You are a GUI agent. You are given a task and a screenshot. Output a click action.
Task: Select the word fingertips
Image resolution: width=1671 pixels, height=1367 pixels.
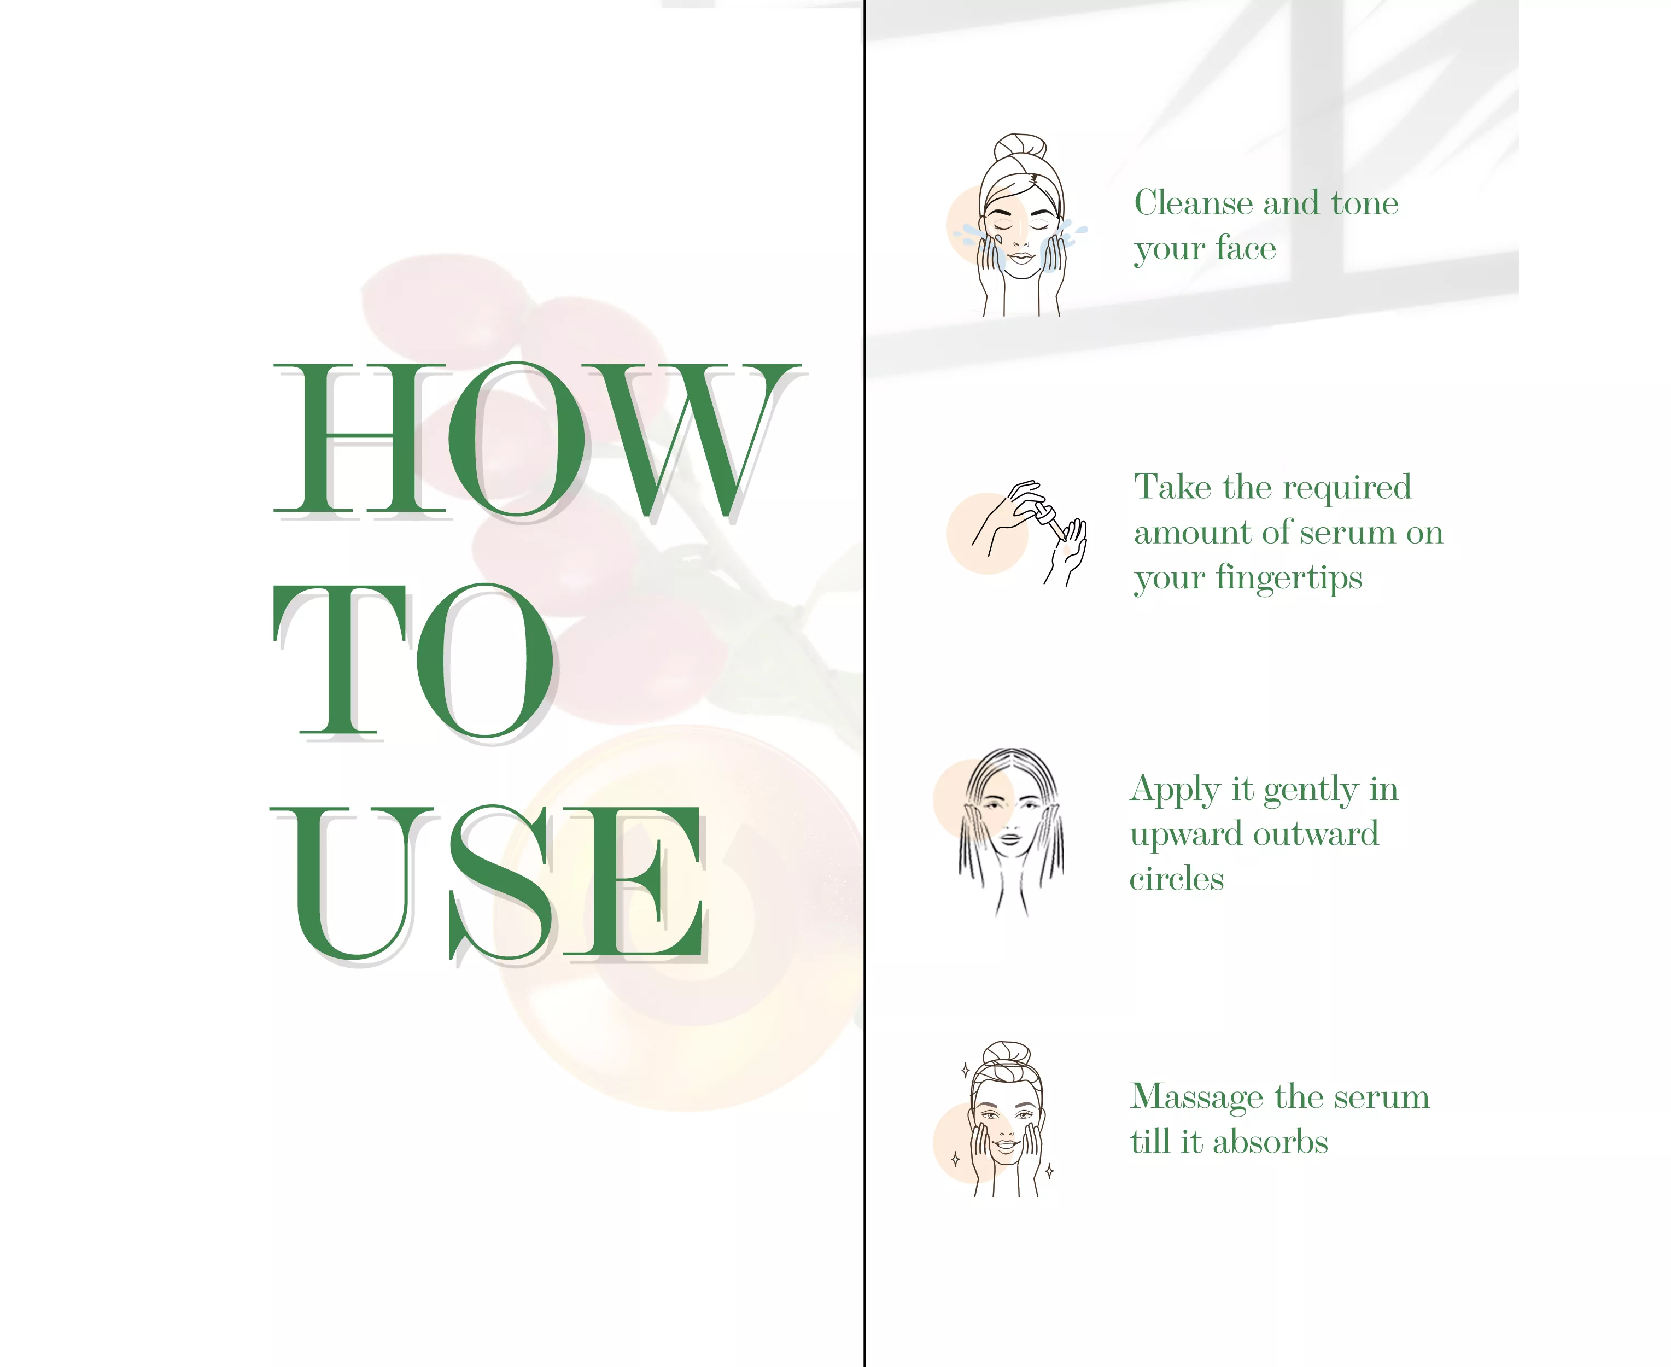tap(1288, 579)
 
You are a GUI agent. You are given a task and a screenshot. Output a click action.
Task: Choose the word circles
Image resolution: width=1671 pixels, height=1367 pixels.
tap(1177, 878)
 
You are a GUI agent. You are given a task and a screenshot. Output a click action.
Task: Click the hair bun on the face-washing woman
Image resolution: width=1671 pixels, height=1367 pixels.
tap(1020, 148)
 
